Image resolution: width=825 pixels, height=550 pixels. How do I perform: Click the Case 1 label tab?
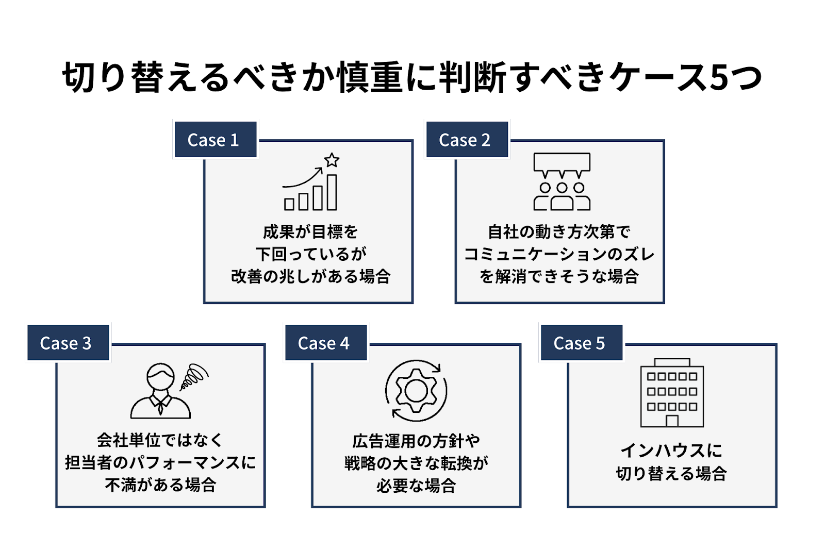pos(216,140)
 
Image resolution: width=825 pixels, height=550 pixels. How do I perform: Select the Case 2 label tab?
pos(467,140)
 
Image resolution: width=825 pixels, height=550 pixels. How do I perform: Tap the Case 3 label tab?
pos(68,343)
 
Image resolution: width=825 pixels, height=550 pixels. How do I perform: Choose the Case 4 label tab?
pos(326,343)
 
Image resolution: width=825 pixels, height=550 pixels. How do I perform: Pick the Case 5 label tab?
pos(582,343)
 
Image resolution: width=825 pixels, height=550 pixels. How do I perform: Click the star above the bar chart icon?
pos(332,160)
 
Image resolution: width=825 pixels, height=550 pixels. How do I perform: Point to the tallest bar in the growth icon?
pos(332,192)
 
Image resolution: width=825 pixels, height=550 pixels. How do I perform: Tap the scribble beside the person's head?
pos(194,377)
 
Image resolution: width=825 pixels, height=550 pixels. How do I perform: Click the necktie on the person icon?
pos(160,407)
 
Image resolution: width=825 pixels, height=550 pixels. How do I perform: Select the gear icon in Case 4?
pos(416,391)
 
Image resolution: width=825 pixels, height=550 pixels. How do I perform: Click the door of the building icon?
pos(672,421)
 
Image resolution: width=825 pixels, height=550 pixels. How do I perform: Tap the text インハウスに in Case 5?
pos(671,450)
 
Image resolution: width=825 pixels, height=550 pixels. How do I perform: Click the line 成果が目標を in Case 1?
pos(310,232)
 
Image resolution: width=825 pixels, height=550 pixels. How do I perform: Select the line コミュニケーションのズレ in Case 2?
pos(559,254)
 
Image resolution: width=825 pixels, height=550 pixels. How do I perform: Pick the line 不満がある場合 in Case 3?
pos(160,485)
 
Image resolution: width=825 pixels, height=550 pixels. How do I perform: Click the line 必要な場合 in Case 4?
pos(416,486)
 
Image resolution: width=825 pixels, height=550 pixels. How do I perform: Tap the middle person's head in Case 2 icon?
pos(562,188)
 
